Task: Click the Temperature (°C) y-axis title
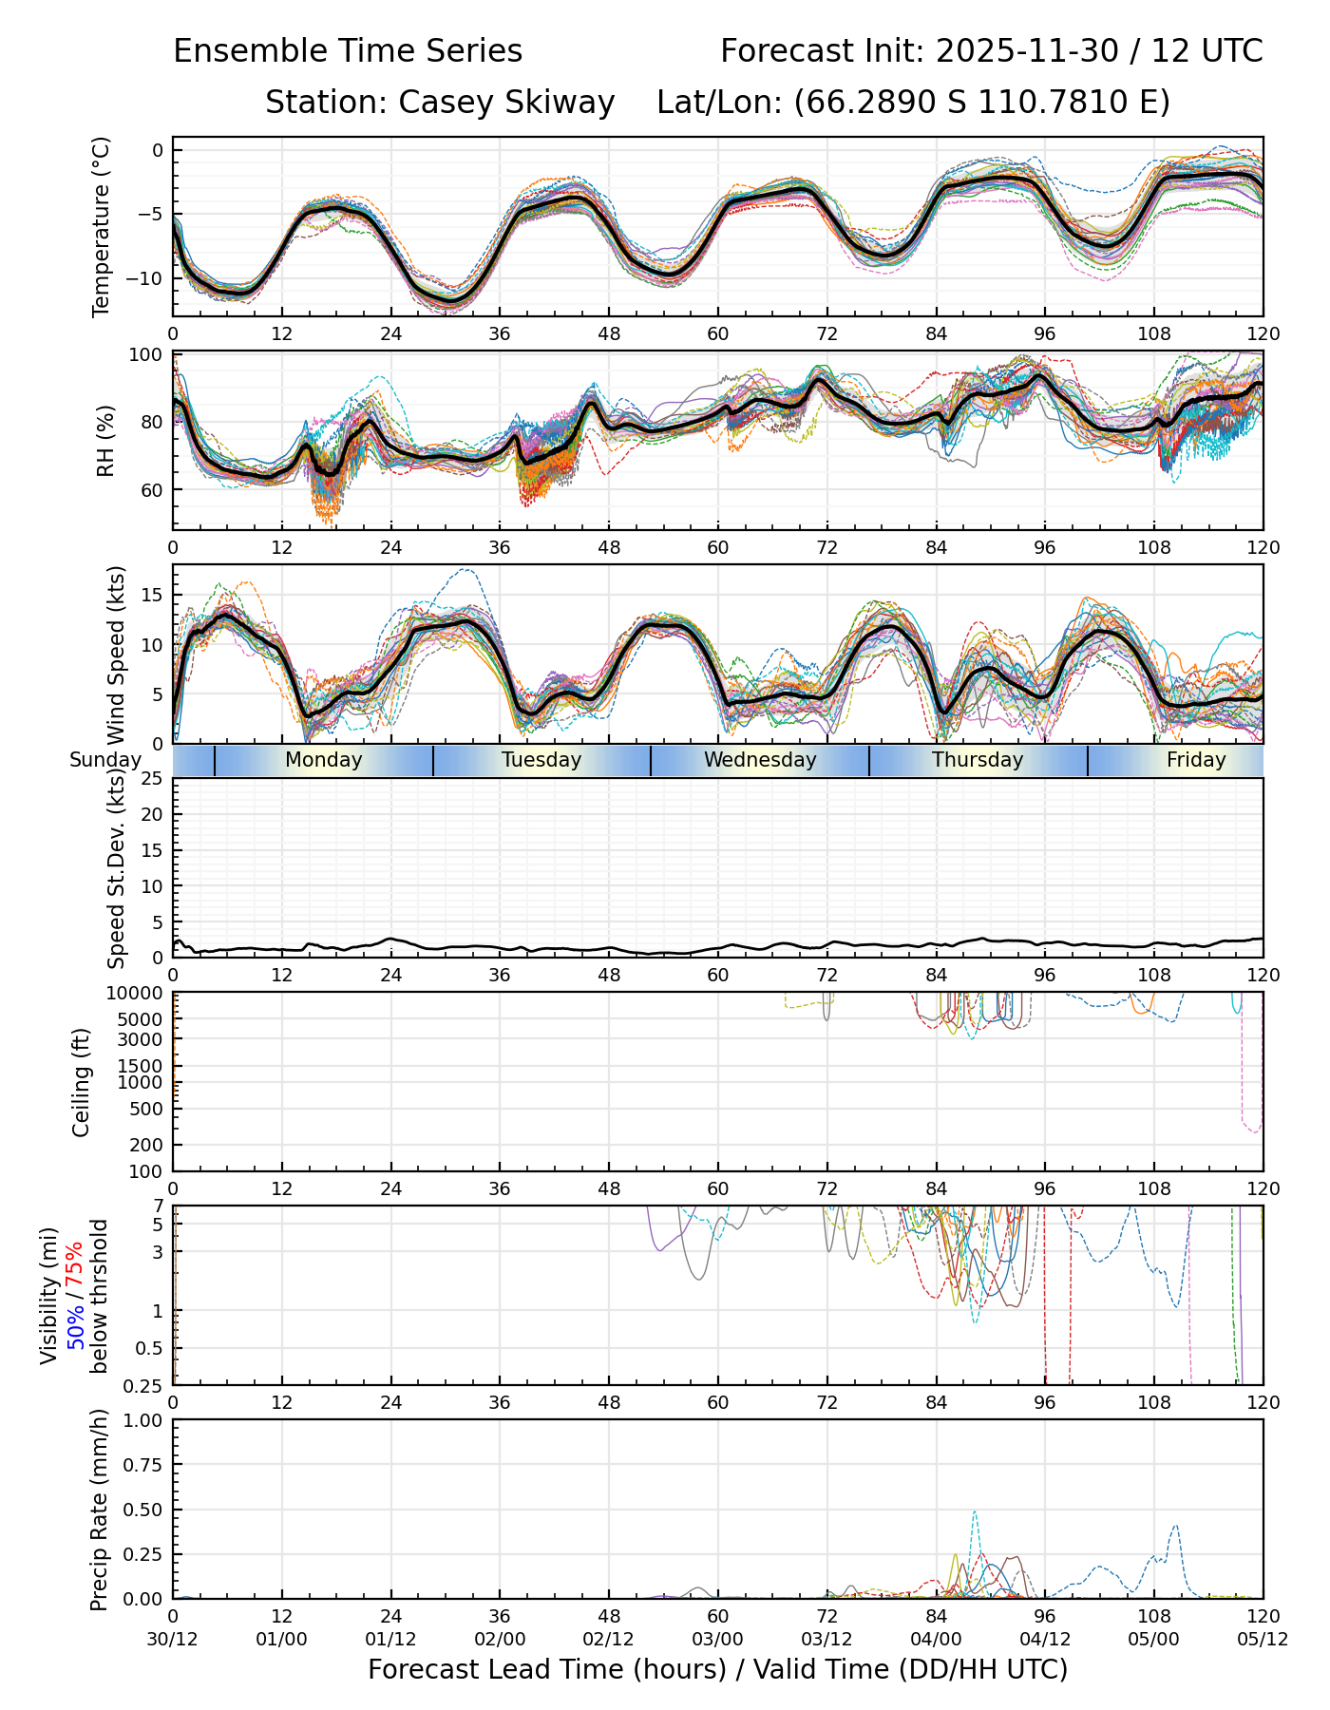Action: pyautogui.click(x=102, y=226)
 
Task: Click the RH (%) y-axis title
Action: pyautogui.click(x=105, y=441)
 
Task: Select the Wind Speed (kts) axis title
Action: pyautogui.click(x=116, y=655)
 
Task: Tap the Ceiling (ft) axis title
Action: pyautogui.click(x=82, y=1082)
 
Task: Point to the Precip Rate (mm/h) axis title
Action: pyautogui.click(x=99, y=1510)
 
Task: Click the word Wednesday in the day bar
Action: pyautogui.click(x=760, y=760)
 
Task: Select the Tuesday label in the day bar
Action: pyautogui.click(x=541, y=760)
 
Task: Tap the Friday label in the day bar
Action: pyautogui.click(x=1196, y=760)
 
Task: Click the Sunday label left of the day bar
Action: pyautogui.click(x=104, y=760)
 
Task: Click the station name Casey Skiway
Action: pyautogui.click(x=506, y=102)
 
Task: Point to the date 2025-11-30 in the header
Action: pyautogui.click(x=1027, y=50)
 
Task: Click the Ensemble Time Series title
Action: pyautogui.click(x=348, y=50)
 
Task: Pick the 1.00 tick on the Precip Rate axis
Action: pyautogui.click(x=144, y=1421)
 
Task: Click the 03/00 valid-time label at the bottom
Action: pyautogui.click(x=717, y=1640)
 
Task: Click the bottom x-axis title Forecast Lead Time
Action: pyautogui.click(x=717, y=1669)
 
